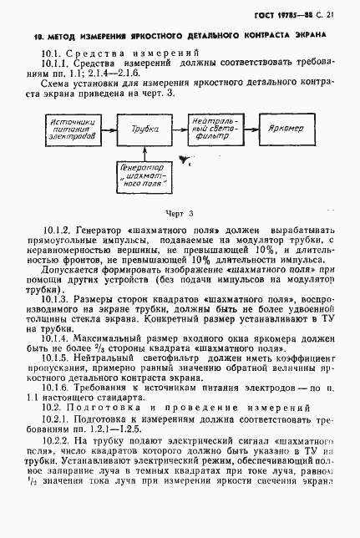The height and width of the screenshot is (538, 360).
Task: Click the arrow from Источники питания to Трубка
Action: point(104,129)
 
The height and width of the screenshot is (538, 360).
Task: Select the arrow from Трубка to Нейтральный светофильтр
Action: point(175,129)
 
